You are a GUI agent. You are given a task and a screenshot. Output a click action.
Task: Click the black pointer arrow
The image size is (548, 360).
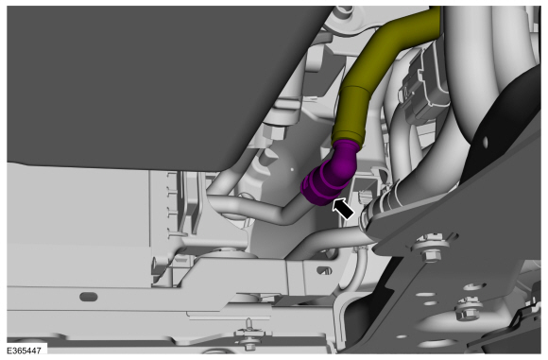click(x=342, y=209)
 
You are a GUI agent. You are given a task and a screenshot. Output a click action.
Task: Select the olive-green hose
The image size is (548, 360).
click(x=381, y=77)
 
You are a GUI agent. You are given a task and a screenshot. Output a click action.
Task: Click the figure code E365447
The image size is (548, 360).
click(x=24, y=351)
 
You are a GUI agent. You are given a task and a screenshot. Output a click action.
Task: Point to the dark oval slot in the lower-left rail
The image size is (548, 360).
click(x=89, y=297)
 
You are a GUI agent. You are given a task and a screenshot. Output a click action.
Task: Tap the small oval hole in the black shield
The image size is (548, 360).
click(x=485, y=141)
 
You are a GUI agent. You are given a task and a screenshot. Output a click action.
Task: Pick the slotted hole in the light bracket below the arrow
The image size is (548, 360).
click(x=325, y=270)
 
